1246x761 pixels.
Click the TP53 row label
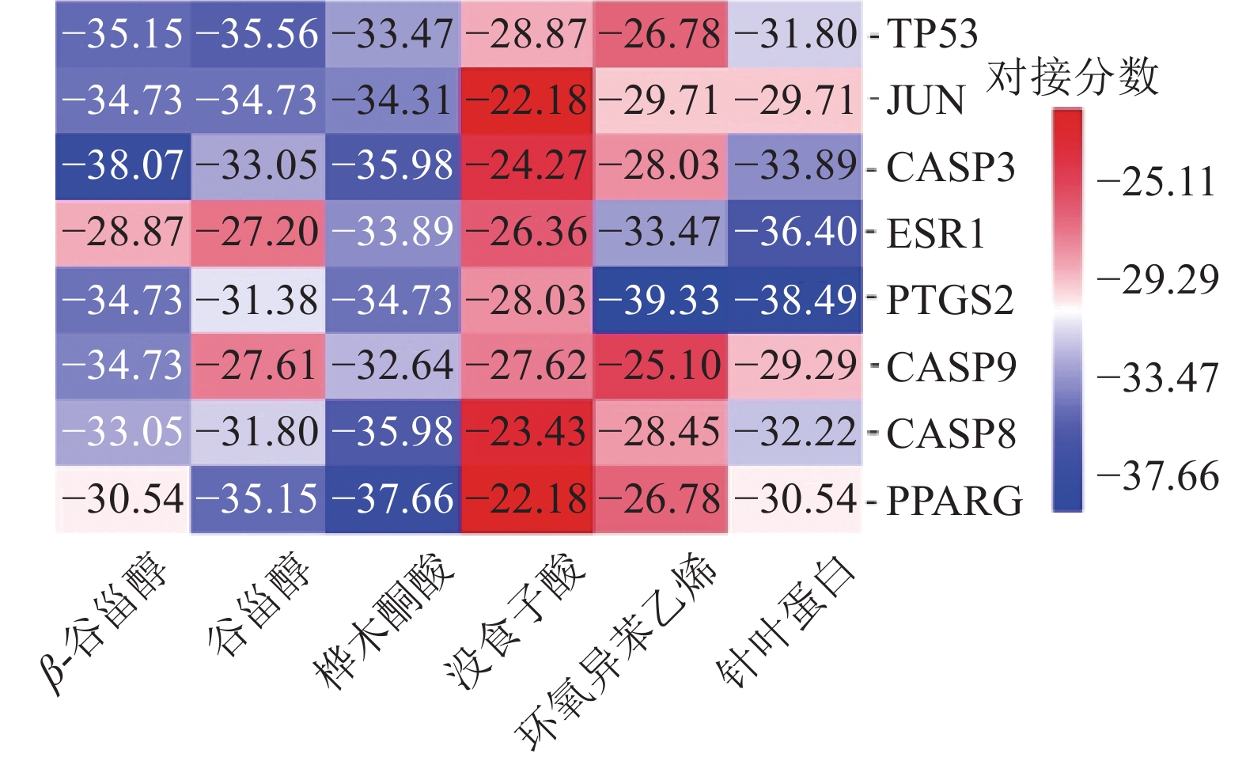(931, 34)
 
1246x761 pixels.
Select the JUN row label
(925, 100)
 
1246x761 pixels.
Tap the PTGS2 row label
(949, 301)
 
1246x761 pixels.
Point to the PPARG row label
(954, 501)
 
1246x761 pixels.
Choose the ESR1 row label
(935, 234)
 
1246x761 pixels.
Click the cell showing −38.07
(123, 167)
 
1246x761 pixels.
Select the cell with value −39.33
(660, 301)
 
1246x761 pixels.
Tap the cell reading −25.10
(660, 366)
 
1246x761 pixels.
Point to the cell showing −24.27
(526, 167)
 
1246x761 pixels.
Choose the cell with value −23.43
(526, 434)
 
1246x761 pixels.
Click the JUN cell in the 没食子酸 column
(526, 100)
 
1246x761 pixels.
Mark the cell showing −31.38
(257, 301)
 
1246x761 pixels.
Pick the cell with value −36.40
(794, 234)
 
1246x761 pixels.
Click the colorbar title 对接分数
(1072, 78)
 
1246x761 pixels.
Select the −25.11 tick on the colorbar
(1156, 183)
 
